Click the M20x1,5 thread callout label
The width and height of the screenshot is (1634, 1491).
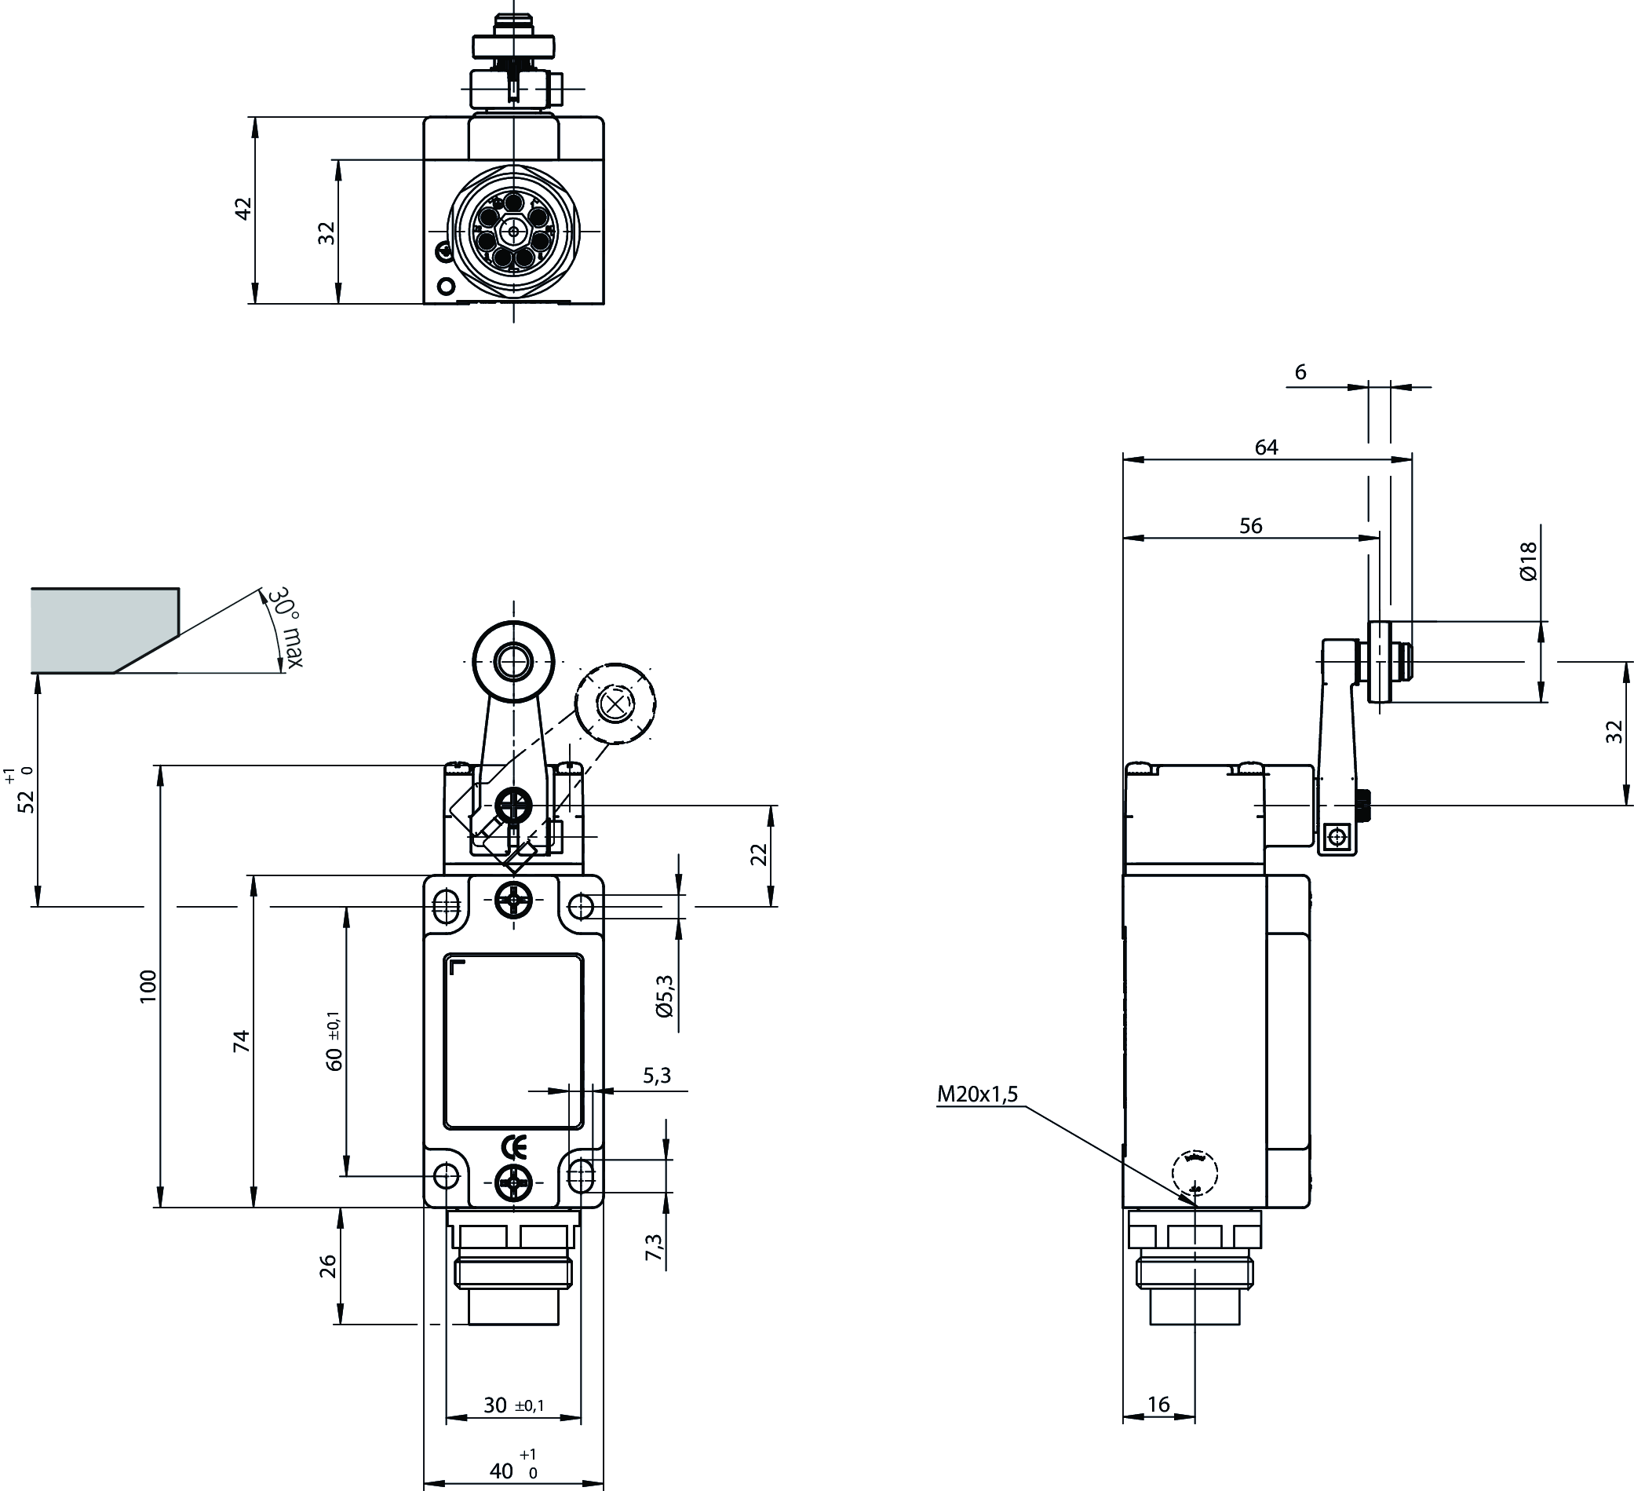976,1094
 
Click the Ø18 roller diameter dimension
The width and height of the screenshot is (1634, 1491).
1528,561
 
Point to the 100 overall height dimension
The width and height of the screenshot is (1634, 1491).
148,986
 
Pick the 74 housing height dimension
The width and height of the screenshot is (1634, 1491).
242,1041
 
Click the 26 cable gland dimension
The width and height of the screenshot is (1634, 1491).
327,1266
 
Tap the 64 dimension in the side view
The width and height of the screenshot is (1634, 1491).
1266,447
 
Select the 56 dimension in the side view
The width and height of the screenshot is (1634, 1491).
1251,525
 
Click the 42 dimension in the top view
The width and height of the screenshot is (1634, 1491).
243,209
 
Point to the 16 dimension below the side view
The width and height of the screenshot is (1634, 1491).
1159,1405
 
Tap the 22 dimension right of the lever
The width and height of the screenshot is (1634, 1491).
759,854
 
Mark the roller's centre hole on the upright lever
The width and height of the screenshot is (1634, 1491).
512,662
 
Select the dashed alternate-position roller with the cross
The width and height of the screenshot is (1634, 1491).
615,703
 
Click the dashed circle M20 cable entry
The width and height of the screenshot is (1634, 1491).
1194,1173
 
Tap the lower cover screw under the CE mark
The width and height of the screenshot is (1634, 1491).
514,1186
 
